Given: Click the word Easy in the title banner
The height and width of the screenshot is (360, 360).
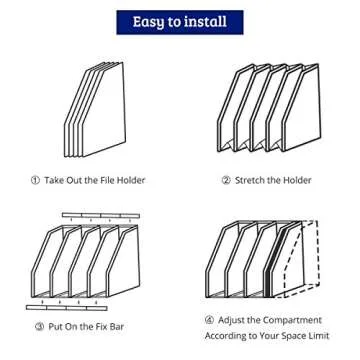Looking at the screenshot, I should [145, 22].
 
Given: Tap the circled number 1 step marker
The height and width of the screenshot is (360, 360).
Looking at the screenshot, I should [36, 180].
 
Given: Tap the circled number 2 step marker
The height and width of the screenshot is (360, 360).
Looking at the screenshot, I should [227, 180].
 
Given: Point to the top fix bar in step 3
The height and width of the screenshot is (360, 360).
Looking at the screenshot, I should [100, 215].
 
